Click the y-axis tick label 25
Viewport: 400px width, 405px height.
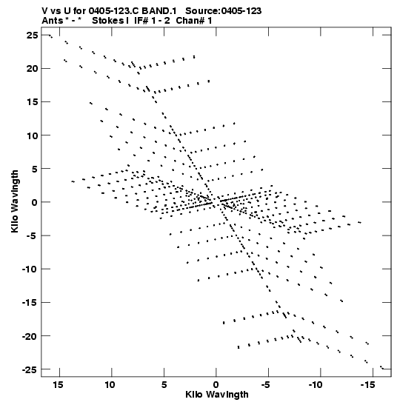tap(32, 36)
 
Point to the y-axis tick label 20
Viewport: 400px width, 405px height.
tap(32, 69)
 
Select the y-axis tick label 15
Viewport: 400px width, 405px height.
tap(32, 102)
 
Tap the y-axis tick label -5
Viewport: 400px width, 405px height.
tap(30, 235)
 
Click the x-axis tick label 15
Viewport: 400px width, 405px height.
tap(58, 384)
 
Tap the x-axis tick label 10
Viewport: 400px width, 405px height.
tap(110, 384)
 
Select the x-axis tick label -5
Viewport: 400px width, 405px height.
tap(266, 384)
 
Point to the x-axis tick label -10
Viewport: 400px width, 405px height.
tap(316, 384)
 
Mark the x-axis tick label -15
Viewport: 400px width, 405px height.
tap(367, 384)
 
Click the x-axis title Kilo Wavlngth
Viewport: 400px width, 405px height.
tap(217, 395)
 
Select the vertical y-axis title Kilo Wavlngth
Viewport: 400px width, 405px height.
tap(15, 201)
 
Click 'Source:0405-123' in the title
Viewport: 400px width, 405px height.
tap(223, 11)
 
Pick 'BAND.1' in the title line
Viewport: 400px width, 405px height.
tap(159, 11)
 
